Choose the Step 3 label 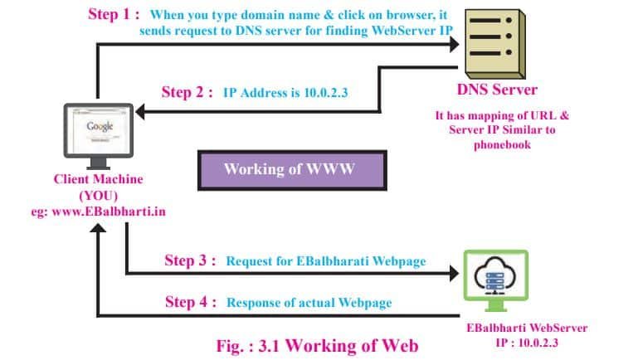pos(190,260)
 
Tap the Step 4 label pos(190,302)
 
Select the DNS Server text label pos(497,90)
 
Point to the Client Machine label pos(98,179)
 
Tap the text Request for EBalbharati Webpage pos(326,261)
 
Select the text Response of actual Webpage pos(310,303)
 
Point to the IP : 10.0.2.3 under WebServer pos(527,342)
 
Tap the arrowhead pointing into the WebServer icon pos(452,273)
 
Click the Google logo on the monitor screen pos(99,127)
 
